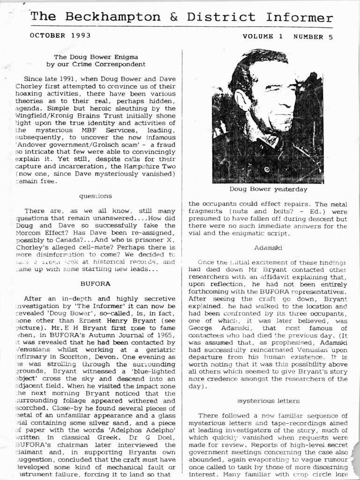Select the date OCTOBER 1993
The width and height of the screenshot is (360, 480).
click(x=60, y=35)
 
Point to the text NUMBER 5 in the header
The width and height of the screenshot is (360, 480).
click(x=313, y=37)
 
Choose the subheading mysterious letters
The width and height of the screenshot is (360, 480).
click(x=268, y=401)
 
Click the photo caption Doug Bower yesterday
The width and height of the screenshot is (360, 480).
click(x=269, y=189)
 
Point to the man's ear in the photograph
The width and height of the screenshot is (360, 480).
click(x=240, y=99)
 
